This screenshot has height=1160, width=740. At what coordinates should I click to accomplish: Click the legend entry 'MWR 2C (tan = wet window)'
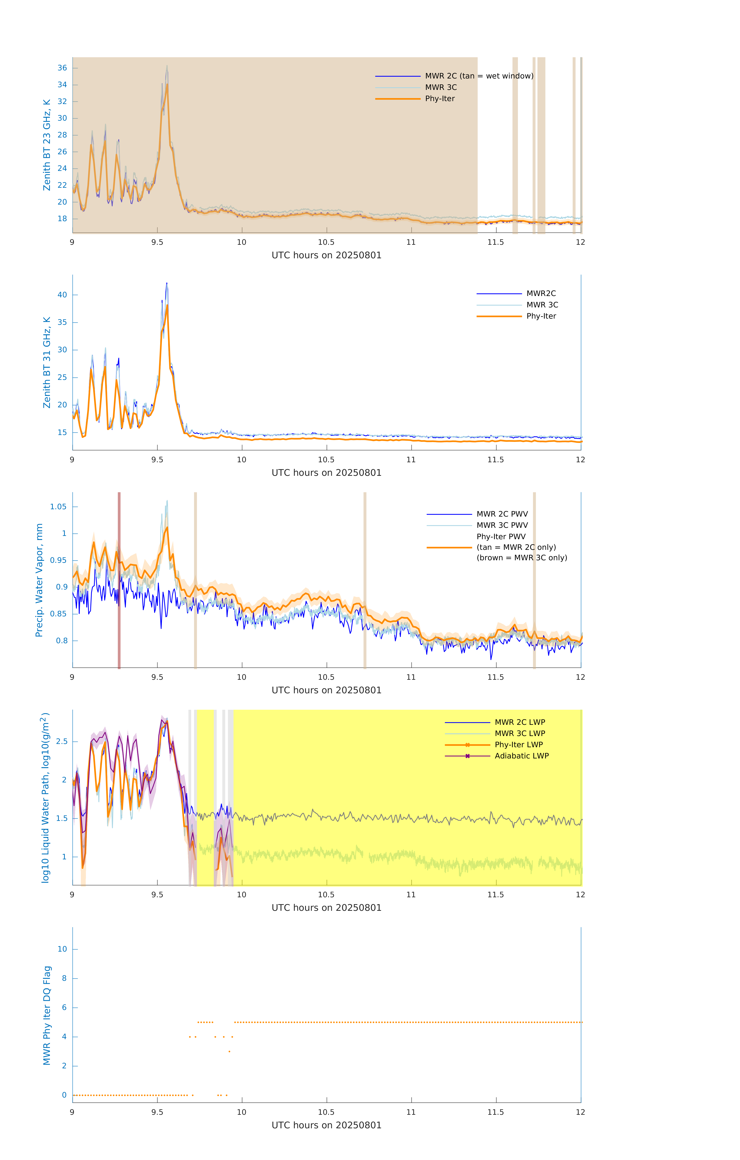tap(479, 76)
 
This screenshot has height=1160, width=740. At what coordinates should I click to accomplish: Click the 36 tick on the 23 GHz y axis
tap(62, 68)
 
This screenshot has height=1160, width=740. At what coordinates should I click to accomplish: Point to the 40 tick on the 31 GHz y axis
tap(62, 295)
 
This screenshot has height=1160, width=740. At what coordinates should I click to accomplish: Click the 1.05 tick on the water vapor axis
tap(58, 507)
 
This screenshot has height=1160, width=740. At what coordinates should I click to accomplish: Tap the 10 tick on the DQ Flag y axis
tap(62, 949)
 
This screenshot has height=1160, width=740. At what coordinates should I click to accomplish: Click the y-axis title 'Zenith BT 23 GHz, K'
tap(47, 145)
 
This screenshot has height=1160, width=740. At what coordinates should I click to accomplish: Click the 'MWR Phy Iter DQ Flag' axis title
tap(47, 1015)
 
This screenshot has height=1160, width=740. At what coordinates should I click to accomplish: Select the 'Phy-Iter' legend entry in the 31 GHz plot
tap(541, 316)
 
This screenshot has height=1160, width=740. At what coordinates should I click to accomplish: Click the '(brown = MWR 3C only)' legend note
tap(522, 558)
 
